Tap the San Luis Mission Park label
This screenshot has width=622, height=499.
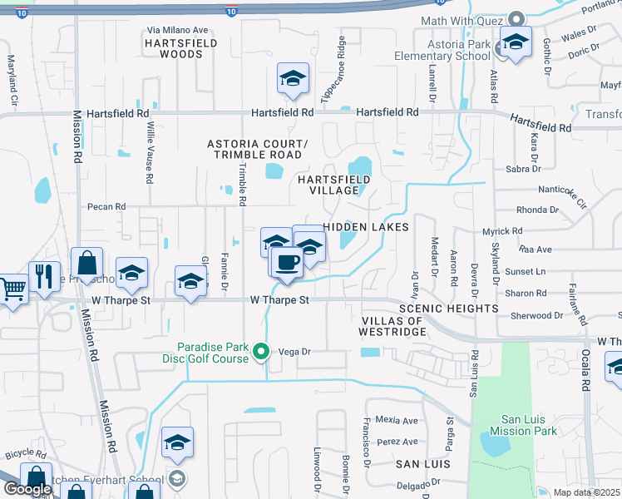pos(522,426)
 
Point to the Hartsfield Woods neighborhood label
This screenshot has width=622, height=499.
pos(174,47)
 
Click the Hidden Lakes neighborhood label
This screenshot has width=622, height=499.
pos(366,226)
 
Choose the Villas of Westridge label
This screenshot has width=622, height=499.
pos(392,326)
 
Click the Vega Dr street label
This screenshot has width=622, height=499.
pos(294,352)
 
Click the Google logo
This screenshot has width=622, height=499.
pos(27,489)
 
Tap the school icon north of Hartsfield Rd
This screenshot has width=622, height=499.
pos(293,79)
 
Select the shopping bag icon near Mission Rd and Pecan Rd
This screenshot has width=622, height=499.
pos(86,264)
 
